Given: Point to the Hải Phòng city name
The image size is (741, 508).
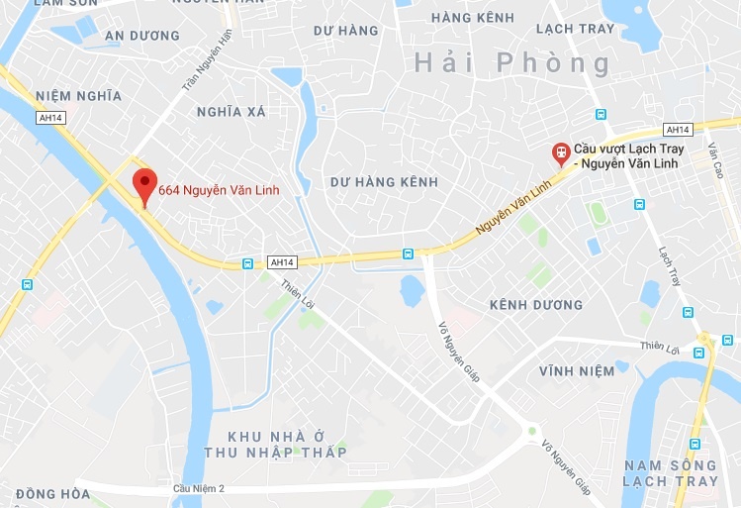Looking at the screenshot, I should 513,64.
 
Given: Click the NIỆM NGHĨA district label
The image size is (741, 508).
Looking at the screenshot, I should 78,96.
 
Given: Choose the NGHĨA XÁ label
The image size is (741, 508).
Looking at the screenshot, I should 232,112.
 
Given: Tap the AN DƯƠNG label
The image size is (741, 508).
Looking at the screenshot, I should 141,36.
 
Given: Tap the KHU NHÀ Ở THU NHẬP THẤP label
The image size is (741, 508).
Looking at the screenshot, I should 288,445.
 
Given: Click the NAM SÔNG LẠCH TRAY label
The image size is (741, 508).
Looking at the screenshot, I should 671,472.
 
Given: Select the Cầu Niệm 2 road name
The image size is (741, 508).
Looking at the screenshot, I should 199,489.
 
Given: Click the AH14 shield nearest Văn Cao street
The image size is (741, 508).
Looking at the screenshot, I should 677,130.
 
